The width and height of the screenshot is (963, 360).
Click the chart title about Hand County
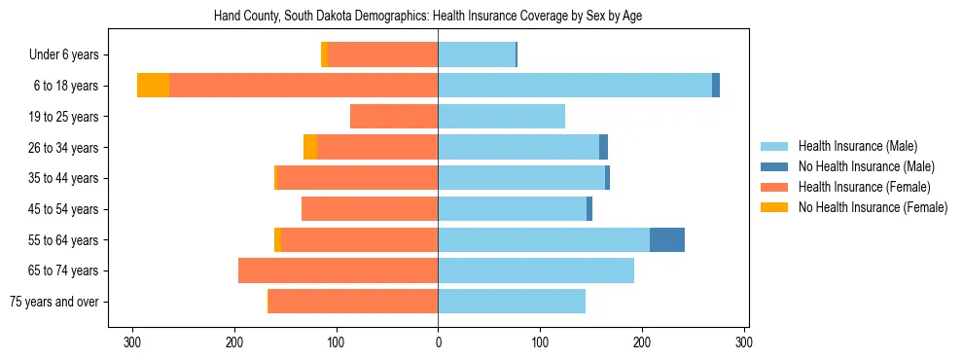click(x=427, y=17)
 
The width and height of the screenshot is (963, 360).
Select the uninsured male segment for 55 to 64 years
click(x=667, y=239)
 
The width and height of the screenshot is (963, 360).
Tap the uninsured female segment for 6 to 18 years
click(x=153, y=86)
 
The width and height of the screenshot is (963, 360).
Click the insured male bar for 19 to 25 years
click(x=501, y=117)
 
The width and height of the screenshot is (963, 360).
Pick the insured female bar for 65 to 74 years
click(x=338, y=270)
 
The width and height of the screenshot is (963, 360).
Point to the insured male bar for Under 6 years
click(x=477, y=54)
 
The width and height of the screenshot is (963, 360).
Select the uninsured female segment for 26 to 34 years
click(x=310, y=147)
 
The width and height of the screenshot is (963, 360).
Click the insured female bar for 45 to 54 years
click(x=370, y=209)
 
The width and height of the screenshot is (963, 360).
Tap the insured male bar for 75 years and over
click(x=512, y=302)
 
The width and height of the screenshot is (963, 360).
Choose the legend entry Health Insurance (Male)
click(x=857, y=146)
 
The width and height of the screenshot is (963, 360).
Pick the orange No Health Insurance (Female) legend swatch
click(x=775, y=207)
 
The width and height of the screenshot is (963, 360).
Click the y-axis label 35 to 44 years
click(x=64, y=178)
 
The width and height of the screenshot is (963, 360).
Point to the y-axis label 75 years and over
click(x=54, y=302)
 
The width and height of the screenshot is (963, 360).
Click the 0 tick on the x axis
click(x=438, y=342)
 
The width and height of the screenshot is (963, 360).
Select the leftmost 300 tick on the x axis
click(x=132, y=342)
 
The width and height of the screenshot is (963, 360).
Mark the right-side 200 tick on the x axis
click(x=642, y=342)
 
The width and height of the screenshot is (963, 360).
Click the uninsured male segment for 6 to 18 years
click(x=716, y=86)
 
